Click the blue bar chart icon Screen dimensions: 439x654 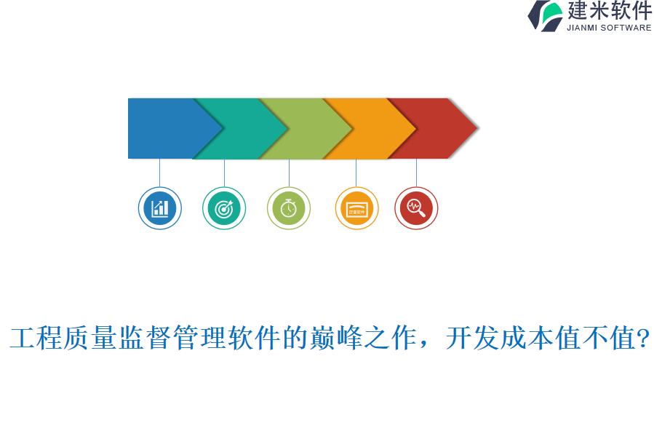coord(159,208)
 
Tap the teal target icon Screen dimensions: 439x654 coord(224,208)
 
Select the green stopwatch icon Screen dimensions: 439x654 coord(289,208)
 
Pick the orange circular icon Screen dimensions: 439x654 coord(356,208)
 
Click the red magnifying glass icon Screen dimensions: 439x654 coord(416,208)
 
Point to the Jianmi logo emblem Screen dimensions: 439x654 coord(545,16)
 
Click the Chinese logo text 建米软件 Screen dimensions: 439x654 coord(610,11)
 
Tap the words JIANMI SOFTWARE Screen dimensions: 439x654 coord(609,28)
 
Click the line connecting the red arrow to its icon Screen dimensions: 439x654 coord(416,173)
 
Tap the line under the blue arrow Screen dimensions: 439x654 coord(159,173)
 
